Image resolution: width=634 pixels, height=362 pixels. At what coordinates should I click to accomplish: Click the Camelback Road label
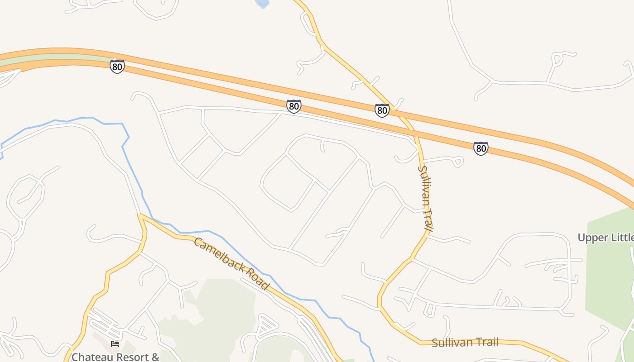point(231,263)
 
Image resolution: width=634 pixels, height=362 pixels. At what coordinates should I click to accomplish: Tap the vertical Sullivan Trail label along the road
point(425,198)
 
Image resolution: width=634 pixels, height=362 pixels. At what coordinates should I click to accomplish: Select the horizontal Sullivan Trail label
point(465,343)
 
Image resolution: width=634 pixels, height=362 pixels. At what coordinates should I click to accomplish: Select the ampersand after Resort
point(155,357)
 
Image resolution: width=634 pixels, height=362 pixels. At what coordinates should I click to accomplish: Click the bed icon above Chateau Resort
point(115,344)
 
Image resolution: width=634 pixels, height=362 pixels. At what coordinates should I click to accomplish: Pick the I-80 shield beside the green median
point(117,67)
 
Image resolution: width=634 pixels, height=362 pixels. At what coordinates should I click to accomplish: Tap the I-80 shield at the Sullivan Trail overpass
point(382,110)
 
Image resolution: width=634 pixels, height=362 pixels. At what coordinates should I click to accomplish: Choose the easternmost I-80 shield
point(480,148)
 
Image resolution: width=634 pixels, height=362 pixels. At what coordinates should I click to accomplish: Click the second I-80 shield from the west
point(293,106)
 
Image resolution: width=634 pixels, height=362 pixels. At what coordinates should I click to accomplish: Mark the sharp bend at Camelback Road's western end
point(139,216)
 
